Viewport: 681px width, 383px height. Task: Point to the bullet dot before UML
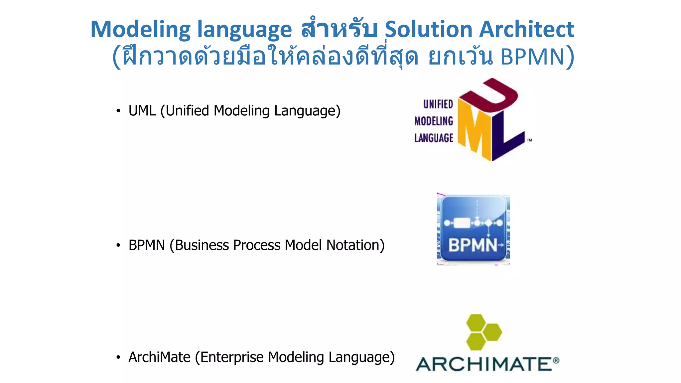tap(118, 111)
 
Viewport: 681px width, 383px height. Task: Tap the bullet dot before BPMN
tap(118, 246)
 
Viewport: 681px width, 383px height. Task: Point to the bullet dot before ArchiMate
tap(118, 358)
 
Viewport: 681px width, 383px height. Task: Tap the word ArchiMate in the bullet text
tap(159, 357)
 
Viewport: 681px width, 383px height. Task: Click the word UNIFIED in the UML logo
tap(438, 104)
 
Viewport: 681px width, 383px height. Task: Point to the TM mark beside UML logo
tap(529, 140)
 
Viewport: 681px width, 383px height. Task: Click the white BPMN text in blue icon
tap(473, 246)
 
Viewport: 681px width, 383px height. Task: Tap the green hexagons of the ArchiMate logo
tap(483, 332)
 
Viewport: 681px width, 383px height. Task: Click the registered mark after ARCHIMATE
tap(556, 360)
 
